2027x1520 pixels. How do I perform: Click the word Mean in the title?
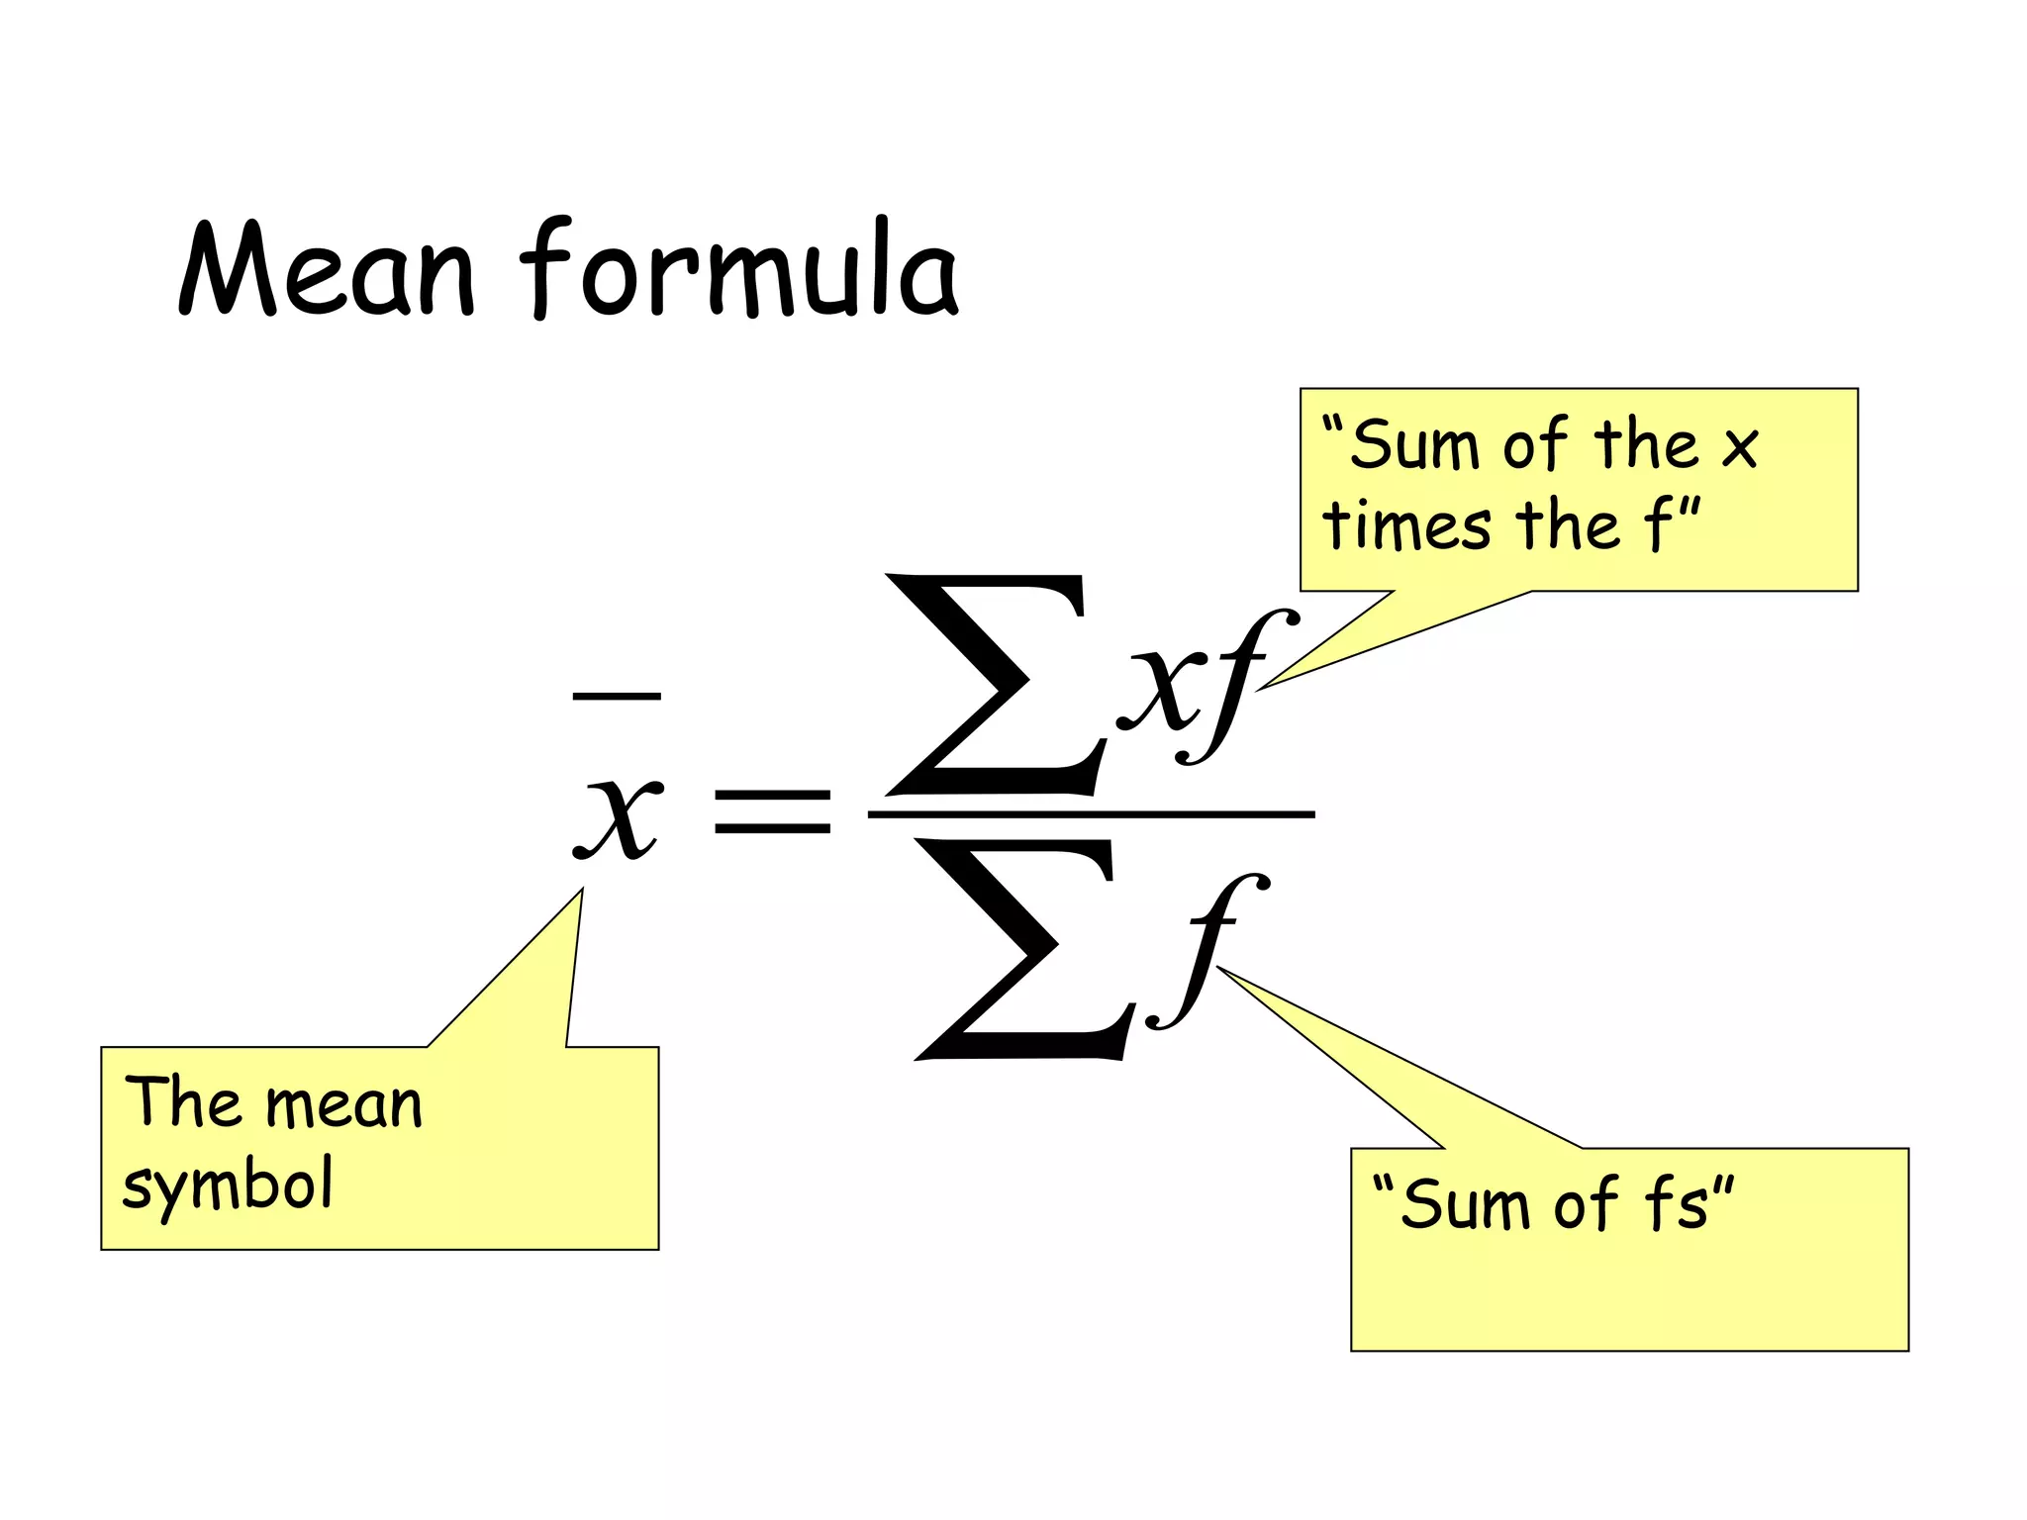click(327, 268)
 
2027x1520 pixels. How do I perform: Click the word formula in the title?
click(739, 267)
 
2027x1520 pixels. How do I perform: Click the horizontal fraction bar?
click(1091, 814)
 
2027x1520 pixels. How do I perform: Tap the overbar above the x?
click(617, 697)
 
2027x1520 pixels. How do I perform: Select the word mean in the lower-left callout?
click(343, 1106)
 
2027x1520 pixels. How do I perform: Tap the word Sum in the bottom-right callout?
click(1466, 1204)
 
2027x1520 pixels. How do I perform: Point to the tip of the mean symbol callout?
click(583, 889)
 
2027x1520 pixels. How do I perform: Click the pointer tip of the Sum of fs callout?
click(1216, 967)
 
